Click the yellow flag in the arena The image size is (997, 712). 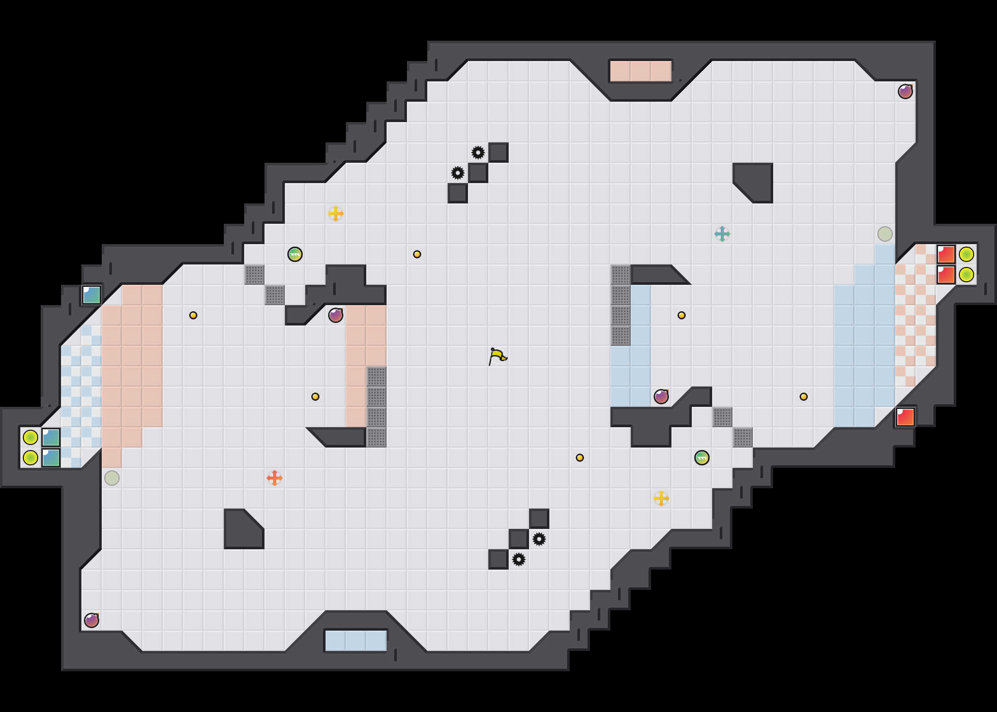497,356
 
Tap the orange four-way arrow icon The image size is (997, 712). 275,478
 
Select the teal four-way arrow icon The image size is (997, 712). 722,234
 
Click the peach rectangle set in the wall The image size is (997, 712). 641,71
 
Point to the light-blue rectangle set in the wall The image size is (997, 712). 356,641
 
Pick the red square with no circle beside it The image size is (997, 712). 905,417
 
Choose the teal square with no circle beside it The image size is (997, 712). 92,295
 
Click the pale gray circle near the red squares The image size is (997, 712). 885,234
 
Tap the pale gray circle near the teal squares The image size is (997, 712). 112,478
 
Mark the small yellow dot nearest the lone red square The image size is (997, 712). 804,397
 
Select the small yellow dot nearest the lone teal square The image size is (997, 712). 193,315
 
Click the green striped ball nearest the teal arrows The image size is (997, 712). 702,458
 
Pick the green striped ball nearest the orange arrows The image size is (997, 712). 295,254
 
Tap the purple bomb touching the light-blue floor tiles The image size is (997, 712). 661,397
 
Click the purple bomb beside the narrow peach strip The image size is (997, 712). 336,315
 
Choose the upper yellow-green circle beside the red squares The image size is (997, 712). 966,254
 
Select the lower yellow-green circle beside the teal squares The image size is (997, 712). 31,458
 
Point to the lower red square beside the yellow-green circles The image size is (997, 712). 946,275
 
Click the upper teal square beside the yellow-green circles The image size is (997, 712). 51,437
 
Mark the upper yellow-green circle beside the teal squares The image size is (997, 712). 31,437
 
